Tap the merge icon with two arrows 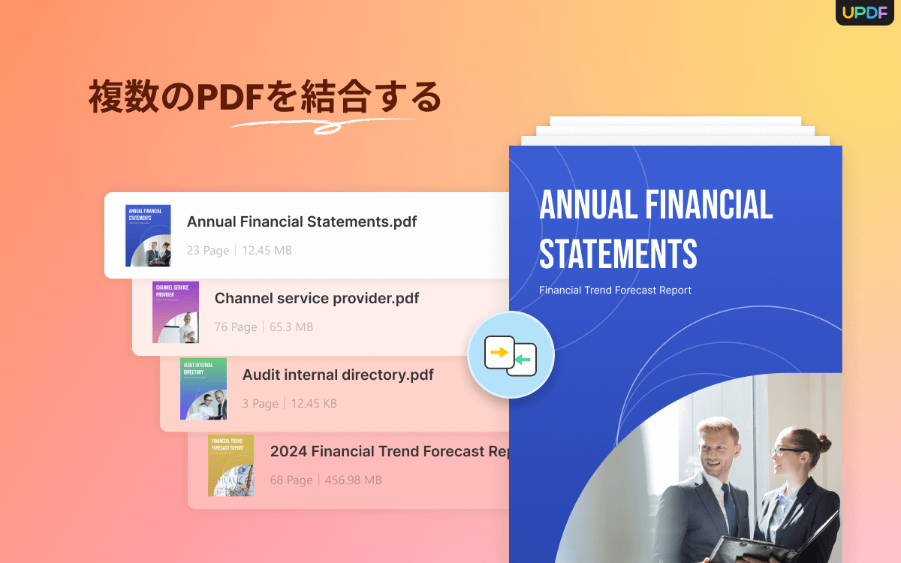pos(511,354)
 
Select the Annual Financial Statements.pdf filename pos(302,221)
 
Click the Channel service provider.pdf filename pos(317,298)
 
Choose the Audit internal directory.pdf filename pos(338,375)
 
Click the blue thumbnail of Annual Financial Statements pos(148,236)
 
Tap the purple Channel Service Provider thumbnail pos(176,312)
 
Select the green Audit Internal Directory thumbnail pos(203,389)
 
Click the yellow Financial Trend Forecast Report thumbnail pos(231,465)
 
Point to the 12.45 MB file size pos(267,251)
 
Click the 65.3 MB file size pos(291,327)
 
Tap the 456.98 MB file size pos(353,480)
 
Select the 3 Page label pos(260,404)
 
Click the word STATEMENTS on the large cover pos(618,254)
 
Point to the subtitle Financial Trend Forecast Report pos(615,291)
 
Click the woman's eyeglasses pos(786,450)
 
